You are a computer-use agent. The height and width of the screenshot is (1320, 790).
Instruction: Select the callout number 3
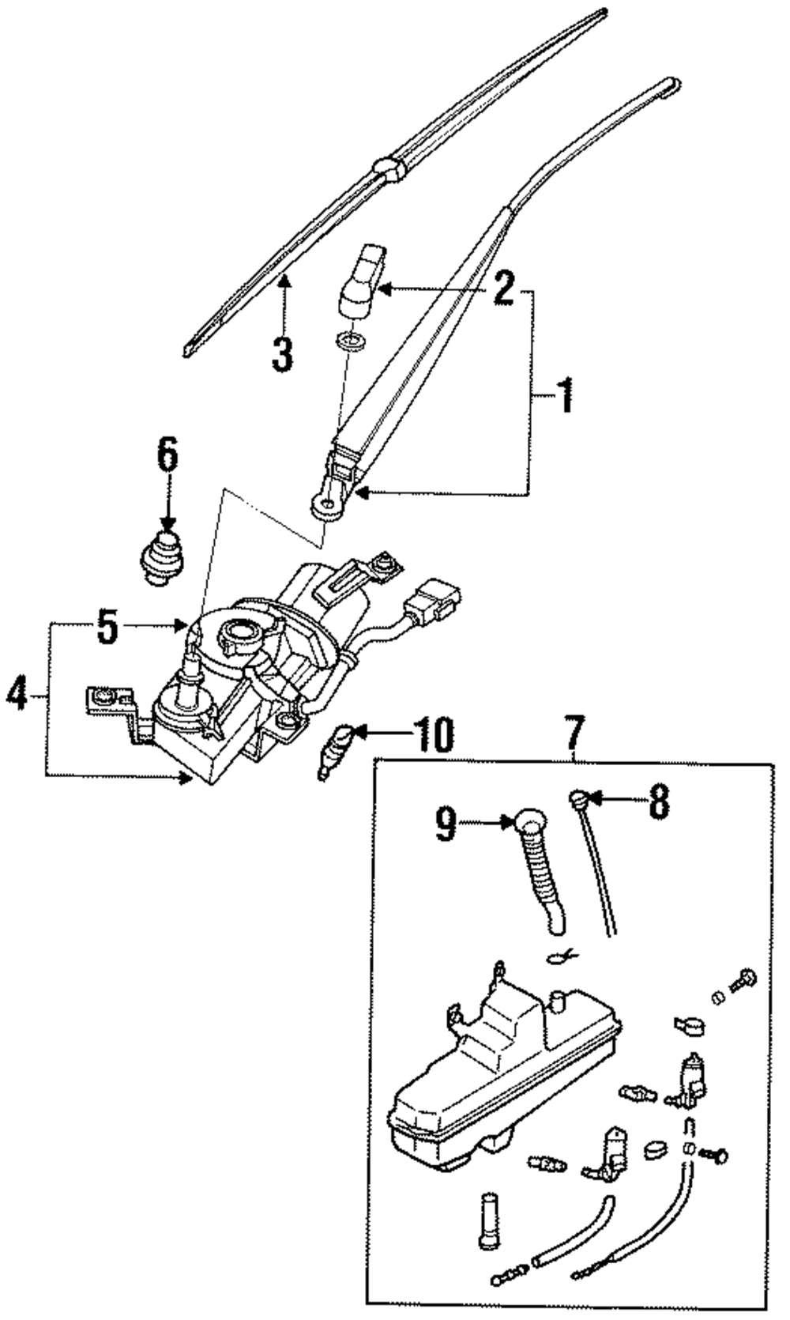(282, 352)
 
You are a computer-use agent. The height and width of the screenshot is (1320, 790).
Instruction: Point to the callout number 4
(17, 697)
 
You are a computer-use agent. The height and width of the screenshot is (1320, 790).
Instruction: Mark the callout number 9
(446, 824)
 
